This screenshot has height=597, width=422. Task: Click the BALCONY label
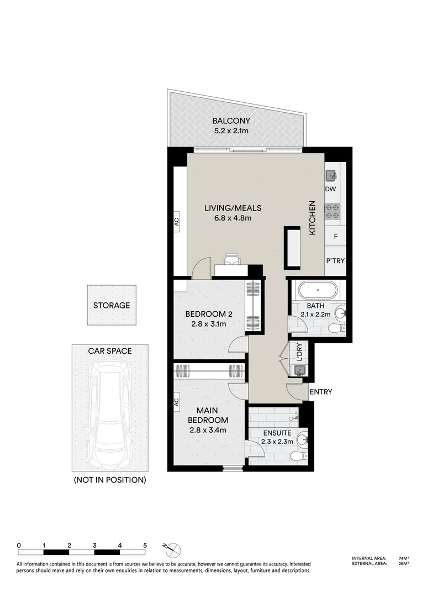click(232, 121)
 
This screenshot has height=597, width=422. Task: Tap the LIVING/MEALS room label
click(232, 208)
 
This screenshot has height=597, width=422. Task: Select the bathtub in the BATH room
click(317, 290)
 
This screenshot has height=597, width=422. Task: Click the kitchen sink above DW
click(331, 176)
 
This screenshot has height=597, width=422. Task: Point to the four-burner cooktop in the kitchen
click(332, 212)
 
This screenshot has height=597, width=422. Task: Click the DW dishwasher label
click(331, 190)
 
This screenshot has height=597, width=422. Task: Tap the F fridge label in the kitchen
click(335, 236)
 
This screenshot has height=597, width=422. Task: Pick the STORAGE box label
click(111, 305)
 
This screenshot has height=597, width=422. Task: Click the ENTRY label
click(321, 392)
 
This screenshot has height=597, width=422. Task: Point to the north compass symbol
click(173, 549)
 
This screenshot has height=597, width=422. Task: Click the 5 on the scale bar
click(145, 545)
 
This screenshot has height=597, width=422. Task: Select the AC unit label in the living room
click(177, 220)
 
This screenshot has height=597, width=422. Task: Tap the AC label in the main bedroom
click(177, 401)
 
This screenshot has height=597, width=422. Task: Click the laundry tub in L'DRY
click(299, 371)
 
